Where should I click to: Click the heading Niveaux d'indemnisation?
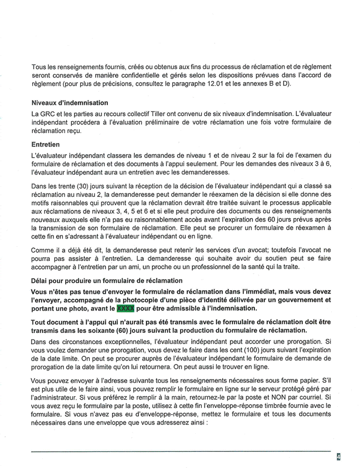[x=71, y=103]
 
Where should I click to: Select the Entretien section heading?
[x=49, y=143]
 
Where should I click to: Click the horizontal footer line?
[x=176, y=452]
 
